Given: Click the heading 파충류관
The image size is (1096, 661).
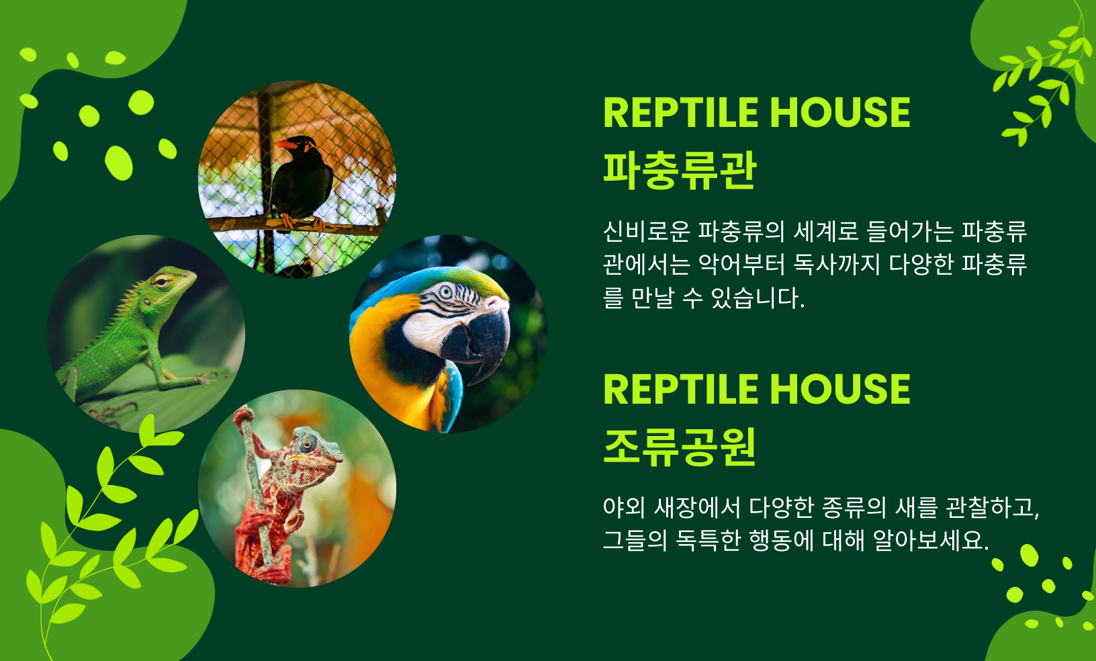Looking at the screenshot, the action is [680, 171].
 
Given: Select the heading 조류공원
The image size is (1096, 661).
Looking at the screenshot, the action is [680, 447].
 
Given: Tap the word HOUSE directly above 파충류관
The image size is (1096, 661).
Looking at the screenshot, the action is [840, 113].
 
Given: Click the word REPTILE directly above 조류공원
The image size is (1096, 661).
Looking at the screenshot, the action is [682, 389].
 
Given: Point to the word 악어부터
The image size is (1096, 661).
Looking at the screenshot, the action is [741, 264].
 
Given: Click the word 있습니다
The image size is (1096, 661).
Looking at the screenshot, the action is [758, 298].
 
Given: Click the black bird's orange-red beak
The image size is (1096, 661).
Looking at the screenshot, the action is [287, 144].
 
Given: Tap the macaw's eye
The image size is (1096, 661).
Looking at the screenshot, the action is [446, 292].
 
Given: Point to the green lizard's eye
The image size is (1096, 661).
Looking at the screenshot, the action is [161, 281].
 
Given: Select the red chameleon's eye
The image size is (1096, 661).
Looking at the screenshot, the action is [308, 445].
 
